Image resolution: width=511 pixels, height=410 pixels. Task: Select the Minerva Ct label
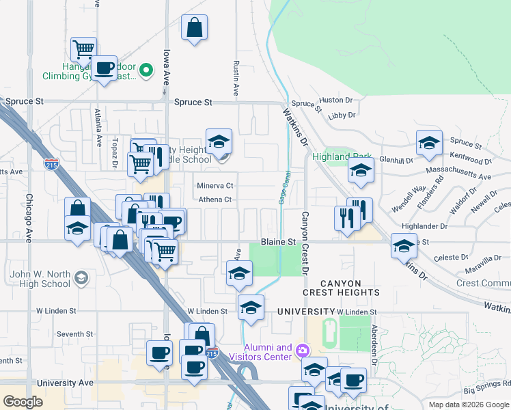[215, 186]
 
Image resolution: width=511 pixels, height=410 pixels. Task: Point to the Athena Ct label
[215, 200]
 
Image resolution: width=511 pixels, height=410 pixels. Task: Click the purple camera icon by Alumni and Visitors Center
[303, 351]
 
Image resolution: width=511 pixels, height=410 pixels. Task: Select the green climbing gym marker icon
[146, 70]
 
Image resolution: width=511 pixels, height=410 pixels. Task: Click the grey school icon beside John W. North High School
[81, 277]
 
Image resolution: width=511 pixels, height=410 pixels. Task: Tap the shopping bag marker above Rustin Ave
[195, 29]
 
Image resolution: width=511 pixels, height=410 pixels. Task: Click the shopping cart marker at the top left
[83, 49]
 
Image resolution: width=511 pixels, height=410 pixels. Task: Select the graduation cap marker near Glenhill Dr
[429, 143]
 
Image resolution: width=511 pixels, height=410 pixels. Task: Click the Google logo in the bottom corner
[23, 402]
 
